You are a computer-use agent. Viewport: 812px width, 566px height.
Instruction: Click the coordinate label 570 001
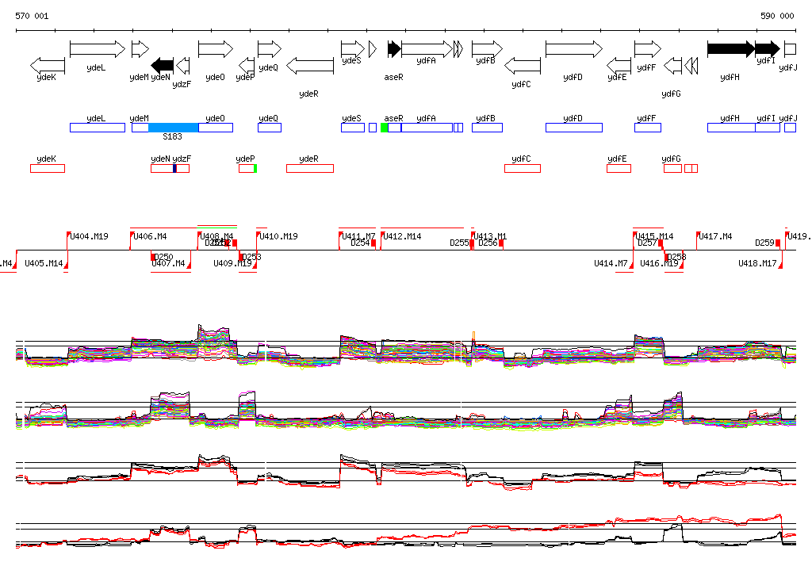tap(32, 16)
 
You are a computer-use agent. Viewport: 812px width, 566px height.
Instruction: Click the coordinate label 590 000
tap(777, 16)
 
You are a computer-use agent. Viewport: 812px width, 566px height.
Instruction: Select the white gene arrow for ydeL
tap(98, 49)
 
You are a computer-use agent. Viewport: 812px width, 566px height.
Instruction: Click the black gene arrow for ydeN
tap(163, 64)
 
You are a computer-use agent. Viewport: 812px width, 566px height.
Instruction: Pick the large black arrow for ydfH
tap(730, 49)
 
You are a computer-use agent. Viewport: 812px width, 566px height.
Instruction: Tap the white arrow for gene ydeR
tap(309, 65)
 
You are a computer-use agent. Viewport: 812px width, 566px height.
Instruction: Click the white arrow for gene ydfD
tap(573, 49)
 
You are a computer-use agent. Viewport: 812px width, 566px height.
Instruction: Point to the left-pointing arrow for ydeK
tap(48, 65)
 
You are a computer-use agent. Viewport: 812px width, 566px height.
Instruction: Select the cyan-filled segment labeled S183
tap(173, 128)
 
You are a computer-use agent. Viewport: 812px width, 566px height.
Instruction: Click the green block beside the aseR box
tap(384, 128)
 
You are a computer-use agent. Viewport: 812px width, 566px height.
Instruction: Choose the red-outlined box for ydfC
tap(523, 168)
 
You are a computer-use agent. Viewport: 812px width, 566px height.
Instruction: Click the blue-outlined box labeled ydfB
tap(487, 128)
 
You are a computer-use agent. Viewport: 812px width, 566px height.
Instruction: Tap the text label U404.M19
tap(89, 236)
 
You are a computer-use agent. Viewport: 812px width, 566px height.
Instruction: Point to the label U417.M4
tap(716, 236)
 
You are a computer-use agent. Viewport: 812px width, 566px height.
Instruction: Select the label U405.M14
tap(44, 263)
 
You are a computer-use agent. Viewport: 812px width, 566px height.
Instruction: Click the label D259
tap(764, 243)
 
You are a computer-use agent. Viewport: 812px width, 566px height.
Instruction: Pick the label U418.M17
tap(757, 263)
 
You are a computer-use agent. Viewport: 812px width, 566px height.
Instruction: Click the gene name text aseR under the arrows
tap(394, 78)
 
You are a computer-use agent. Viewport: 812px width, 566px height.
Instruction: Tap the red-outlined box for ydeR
tap(310, 168)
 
